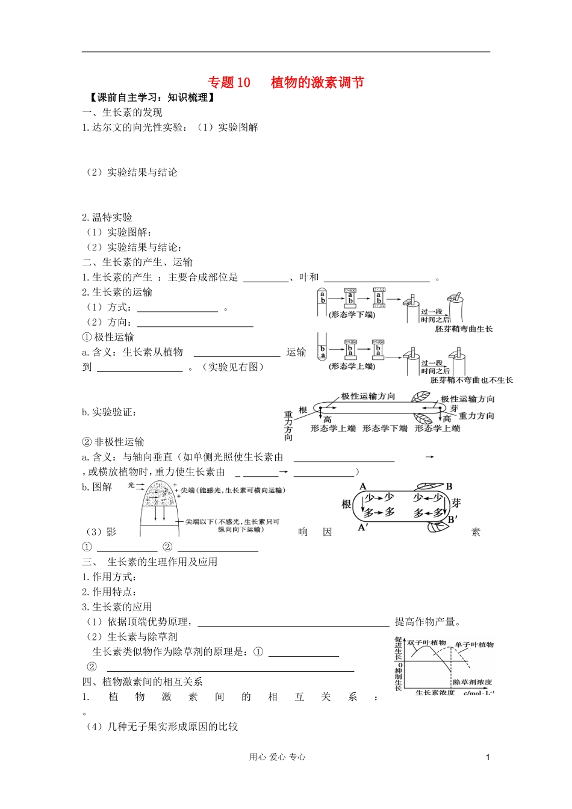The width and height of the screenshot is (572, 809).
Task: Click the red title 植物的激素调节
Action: [317, 82]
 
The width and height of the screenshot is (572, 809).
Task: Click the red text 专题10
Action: [229, 82]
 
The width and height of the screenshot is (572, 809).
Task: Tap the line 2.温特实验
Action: [107, 217]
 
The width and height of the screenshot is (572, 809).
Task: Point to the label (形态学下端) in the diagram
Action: [352, 314]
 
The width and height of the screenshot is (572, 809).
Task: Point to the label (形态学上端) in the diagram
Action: [352, 366]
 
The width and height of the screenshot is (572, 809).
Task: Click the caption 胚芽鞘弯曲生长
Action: [464, 329]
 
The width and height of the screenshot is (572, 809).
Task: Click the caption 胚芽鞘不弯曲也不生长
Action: [471, 380]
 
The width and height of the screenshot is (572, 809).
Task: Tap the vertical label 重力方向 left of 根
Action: [288, 426]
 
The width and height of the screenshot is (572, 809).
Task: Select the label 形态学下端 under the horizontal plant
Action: [385, 429]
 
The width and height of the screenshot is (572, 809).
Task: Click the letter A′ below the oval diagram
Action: [363, 527]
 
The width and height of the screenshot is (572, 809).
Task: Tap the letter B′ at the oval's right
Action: [453, 519]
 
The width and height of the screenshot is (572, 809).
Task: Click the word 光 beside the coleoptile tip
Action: [131, 485]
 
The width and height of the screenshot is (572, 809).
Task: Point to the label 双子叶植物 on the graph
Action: [426, 643]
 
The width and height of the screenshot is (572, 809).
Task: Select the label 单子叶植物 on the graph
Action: [474, 645]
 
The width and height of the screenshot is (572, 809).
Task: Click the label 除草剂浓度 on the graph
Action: [473, 682]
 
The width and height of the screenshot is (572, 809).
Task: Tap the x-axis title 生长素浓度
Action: [435, 693]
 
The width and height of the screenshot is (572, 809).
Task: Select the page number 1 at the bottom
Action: [488, 757]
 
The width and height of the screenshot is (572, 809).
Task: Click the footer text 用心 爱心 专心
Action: [277, 757]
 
